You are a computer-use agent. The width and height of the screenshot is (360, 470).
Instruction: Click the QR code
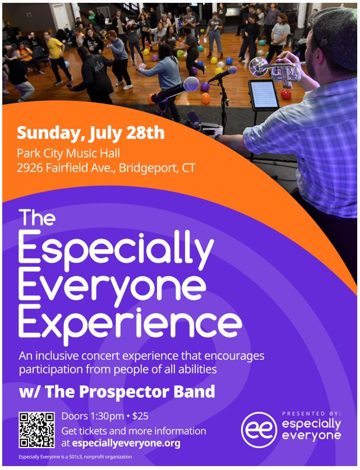pos(36,430)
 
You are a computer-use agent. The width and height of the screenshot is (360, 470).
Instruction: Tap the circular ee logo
pos(259,429)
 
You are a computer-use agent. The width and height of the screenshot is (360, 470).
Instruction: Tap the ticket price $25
pos(140,416)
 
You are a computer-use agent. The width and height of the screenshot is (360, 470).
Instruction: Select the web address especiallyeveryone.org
pos(126,443)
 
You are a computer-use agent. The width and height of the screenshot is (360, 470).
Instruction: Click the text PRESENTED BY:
pos(311,413)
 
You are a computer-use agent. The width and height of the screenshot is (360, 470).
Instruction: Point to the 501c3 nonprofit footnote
pos(75,457)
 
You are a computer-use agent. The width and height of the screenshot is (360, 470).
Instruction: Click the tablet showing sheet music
pos(264,95)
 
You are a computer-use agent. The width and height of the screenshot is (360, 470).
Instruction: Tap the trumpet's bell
pos(259,66)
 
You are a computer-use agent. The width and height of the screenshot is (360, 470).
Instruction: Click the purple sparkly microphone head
pos(191,84)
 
